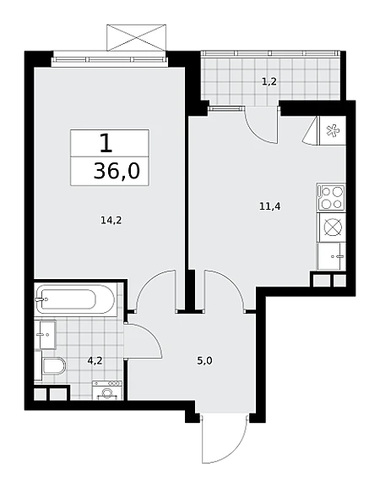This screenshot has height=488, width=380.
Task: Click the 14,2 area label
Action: (111, 221)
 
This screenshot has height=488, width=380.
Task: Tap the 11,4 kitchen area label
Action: (270, 206)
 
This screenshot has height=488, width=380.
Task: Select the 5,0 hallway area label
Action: (204, 361)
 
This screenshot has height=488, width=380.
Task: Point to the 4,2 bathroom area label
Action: (95, 361)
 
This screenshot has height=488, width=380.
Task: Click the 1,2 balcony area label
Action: (269, 82)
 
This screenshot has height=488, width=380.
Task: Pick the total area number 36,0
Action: (117, 171)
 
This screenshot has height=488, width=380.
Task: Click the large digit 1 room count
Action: (106, 144)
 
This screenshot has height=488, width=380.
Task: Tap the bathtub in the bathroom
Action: (75, 299)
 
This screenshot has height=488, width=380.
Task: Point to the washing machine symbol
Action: (107, 390)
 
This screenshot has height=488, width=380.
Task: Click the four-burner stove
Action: (331, 197)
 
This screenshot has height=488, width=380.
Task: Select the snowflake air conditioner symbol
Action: (333, 131)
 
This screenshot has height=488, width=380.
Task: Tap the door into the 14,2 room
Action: (155, 284)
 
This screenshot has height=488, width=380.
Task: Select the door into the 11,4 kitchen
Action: (225, 284)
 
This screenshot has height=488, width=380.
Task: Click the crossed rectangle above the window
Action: (137, 37)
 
